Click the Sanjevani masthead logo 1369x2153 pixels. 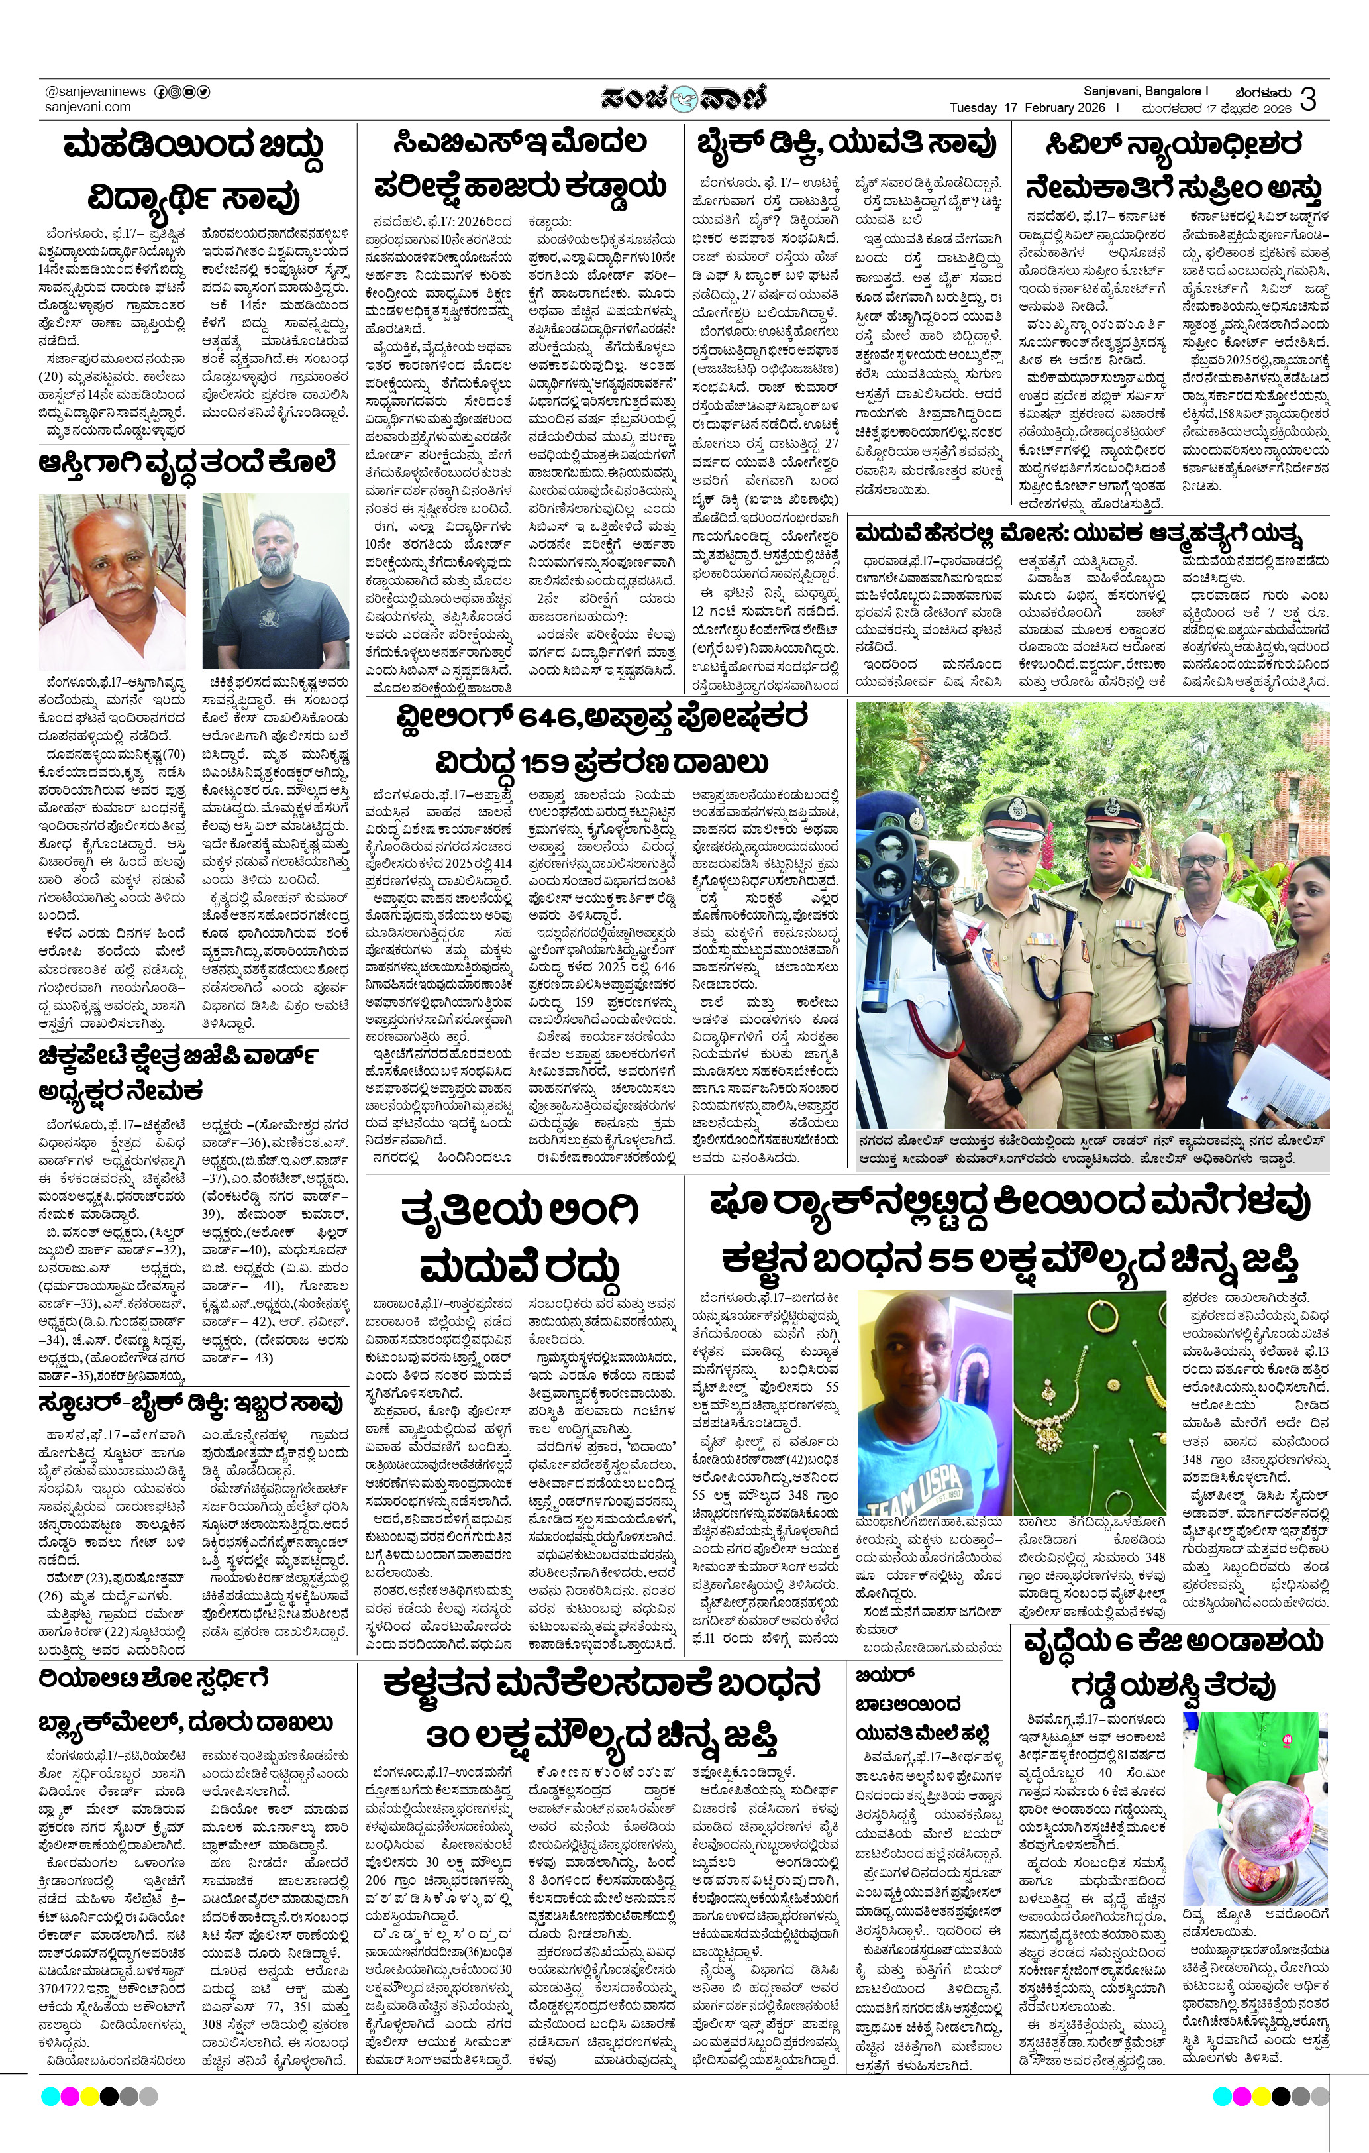pyautogui.click(x=683, y=97)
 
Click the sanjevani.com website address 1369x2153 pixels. pyautogui.click(x=87, y=107)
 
